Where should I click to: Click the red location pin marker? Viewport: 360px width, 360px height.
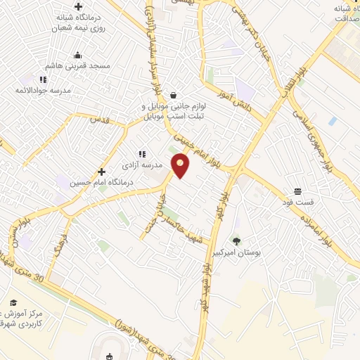pos(181,165)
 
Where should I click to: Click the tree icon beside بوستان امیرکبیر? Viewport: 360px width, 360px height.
pos(236,241)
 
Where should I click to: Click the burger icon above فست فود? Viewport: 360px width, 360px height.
pos(298,191)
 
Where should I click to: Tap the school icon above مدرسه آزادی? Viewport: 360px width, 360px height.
pos(141,154)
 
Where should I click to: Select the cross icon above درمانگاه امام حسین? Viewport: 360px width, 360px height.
pos(102,172)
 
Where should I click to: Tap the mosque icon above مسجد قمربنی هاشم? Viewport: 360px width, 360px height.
pos(77,55)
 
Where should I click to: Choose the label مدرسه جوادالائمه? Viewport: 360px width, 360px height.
pos(46,90)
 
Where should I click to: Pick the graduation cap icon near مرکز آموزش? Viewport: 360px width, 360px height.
pos(13,302)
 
